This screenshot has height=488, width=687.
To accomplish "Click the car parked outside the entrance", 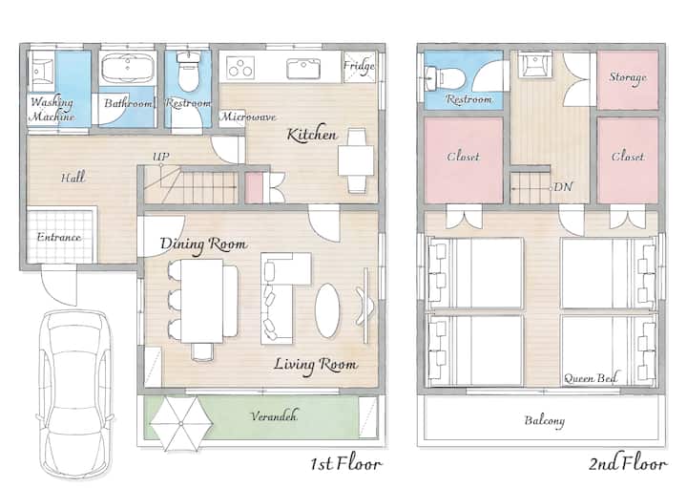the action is point(74,394).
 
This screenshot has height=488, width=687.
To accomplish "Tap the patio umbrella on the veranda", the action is point(181,424).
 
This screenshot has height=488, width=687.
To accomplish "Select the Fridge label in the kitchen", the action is point(359,66).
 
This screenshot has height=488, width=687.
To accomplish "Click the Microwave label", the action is point(248,117).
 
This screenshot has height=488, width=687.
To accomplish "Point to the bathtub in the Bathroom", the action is point(127,68).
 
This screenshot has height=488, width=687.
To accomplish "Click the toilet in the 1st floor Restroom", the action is point(189,70).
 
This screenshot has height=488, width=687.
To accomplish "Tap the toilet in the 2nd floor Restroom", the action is point(444,78).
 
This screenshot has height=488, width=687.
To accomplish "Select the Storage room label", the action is point(628,77).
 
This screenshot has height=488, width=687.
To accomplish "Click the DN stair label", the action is point(563,187).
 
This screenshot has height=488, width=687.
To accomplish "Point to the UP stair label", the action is point(161,156).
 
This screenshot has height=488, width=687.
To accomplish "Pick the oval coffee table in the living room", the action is point(327,310).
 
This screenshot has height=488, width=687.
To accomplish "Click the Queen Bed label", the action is point(591,378).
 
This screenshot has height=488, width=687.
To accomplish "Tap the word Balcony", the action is point(545,420).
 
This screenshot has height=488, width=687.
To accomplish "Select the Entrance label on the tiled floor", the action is point(59,237).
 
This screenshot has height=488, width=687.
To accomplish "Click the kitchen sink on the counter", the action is point(303,69).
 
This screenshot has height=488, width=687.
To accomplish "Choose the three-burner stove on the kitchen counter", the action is point(240,67).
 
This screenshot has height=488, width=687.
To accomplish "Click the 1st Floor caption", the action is point(346,463).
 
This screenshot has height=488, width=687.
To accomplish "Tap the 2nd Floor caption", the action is point(628,463).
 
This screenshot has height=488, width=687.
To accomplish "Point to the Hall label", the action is point(73,178).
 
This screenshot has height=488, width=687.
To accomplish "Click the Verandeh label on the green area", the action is point(274,415).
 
